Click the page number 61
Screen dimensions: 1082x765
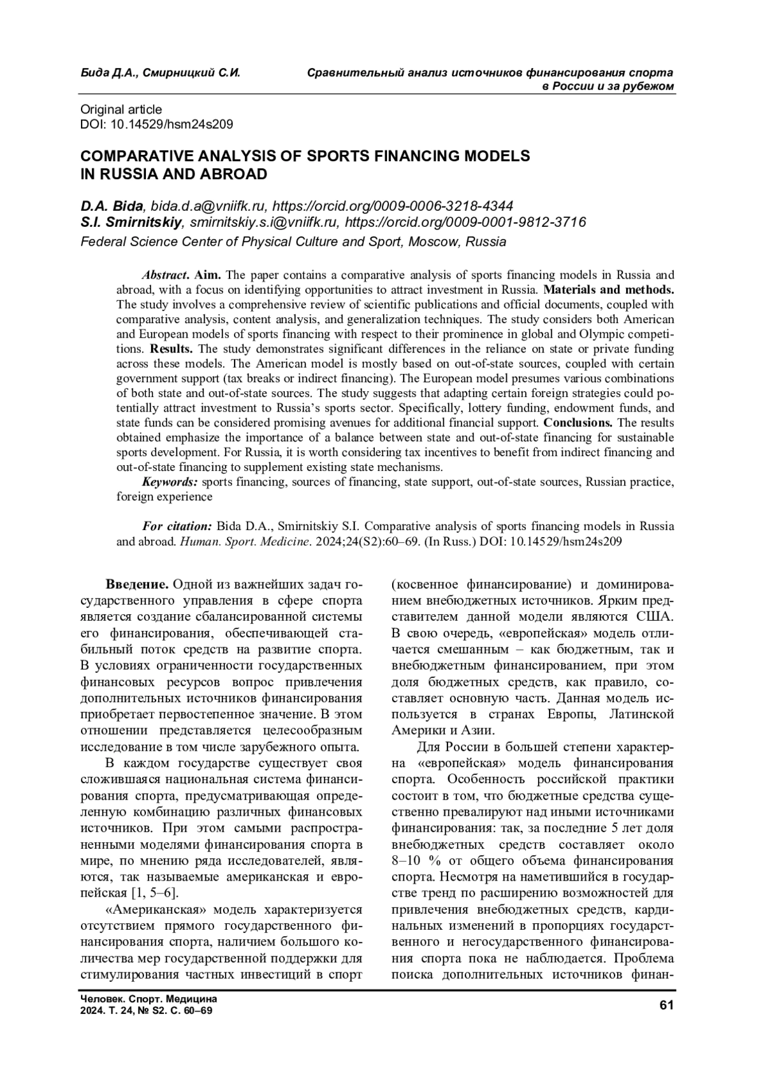tap(666, 1005)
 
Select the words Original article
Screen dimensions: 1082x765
tap(121, 110)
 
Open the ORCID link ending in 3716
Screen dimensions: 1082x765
tap(465, 222)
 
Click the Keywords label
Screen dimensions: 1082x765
tap(170, 482)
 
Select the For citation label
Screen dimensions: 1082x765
tap(177, 526)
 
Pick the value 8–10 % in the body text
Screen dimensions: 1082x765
tap(418, 860)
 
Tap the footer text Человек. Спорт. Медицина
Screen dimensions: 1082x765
tap(149, 999)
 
